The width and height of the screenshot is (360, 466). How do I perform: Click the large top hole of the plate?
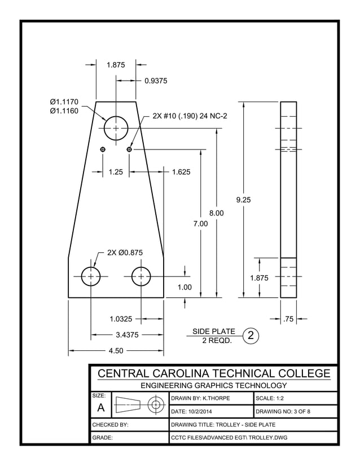pos(116,128)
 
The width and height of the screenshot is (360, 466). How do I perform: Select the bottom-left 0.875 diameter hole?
pos(91,277)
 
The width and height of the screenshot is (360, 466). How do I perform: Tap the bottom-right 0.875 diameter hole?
pos(141,277)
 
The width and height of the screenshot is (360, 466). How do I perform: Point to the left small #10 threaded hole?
pos(103,150)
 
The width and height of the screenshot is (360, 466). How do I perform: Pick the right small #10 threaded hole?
pos(130,150)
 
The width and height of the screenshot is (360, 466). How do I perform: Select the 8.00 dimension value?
pos(216,213)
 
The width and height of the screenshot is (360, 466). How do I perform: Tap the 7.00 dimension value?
pos(200,224)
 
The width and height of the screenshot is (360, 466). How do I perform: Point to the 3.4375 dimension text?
pos(127,335)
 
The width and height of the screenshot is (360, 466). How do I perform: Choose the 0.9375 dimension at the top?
pos(156,81)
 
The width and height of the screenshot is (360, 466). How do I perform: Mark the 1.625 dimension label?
pos(181,172)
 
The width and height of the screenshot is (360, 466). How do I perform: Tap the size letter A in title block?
pos(100,408)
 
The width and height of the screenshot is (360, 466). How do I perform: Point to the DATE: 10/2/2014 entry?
pos(192,411)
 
